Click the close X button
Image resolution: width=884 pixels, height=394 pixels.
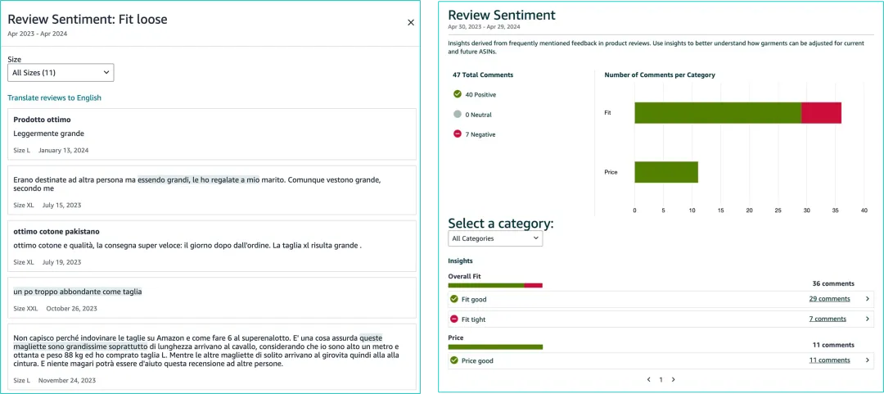pyautogui.click(x=411, y=23)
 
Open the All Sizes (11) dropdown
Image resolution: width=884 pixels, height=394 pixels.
pyautogui.click(x=61, y=73)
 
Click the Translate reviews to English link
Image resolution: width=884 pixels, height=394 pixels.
pyautogui.click(x=54, y=97)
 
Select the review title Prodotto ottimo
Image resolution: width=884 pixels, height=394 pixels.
pyautogui.click(x=42, y=120)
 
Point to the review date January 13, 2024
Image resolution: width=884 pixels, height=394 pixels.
pyautogui.click(x=64, y=150)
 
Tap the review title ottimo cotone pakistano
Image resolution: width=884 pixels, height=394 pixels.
pyautogui.click(x=56, y=232)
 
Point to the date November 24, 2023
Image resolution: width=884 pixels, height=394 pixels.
pyautogui.click(x=67, y=380)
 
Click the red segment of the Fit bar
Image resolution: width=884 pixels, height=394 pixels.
pyautogui.click(x=821, y=113)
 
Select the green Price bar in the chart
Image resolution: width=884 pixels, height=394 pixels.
pyautogui.click(x=665, y=172)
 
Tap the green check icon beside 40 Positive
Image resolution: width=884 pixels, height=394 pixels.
pyautogui.click(x=458, y=94)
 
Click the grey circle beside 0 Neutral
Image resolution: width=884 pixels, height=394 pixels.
pyautogui.click(x=458, y=115)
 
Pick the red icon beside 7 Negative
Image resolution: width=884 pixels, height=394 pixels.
pyautogui.click(x=458, y=134)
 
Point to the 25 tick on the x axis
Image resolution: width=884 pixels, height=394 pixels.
pyautogui.click(x=778, y=211)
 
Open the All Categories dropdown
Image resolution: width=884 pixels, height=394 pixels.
pyautogui.click(x=495, y=238)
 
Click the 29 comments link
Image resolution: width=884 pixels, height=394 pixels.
pyautogui.click(x=829, y=299)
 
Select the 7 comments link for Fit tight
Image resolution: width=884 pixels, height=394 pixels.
pyautogui.click(x=828, y=319)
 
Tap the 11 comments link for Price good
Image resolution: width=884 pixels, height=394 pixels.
pyautogui.click(x=829, y=360)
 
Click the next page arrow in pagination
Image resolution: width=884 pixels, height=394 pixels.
pyautogui.click(x=673, y=379)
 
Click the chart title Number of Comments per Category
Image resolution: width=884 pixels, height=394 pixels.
pyautogui.click(x=660, y=75)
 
